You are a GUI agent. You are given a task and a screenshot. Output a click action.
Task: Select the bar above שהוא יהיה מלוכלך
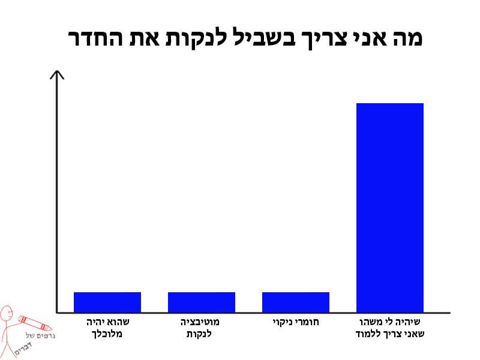pos(107,302)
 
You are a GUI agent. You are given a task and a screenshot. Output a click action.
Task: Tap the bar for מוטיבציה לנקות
pos(202,302)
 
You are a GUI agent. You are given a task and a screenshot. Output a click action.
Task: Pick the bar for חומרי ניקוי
pos(296,302)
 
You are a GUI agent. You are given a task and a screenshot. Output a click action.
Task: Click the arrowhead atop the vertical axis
pos(57,74)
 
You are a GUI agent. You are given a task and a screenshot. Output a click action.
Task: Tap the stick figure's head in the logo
pos(7,314)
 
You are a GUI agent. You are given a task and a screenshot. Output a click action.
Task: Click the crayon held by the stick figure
pos(28,317)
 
